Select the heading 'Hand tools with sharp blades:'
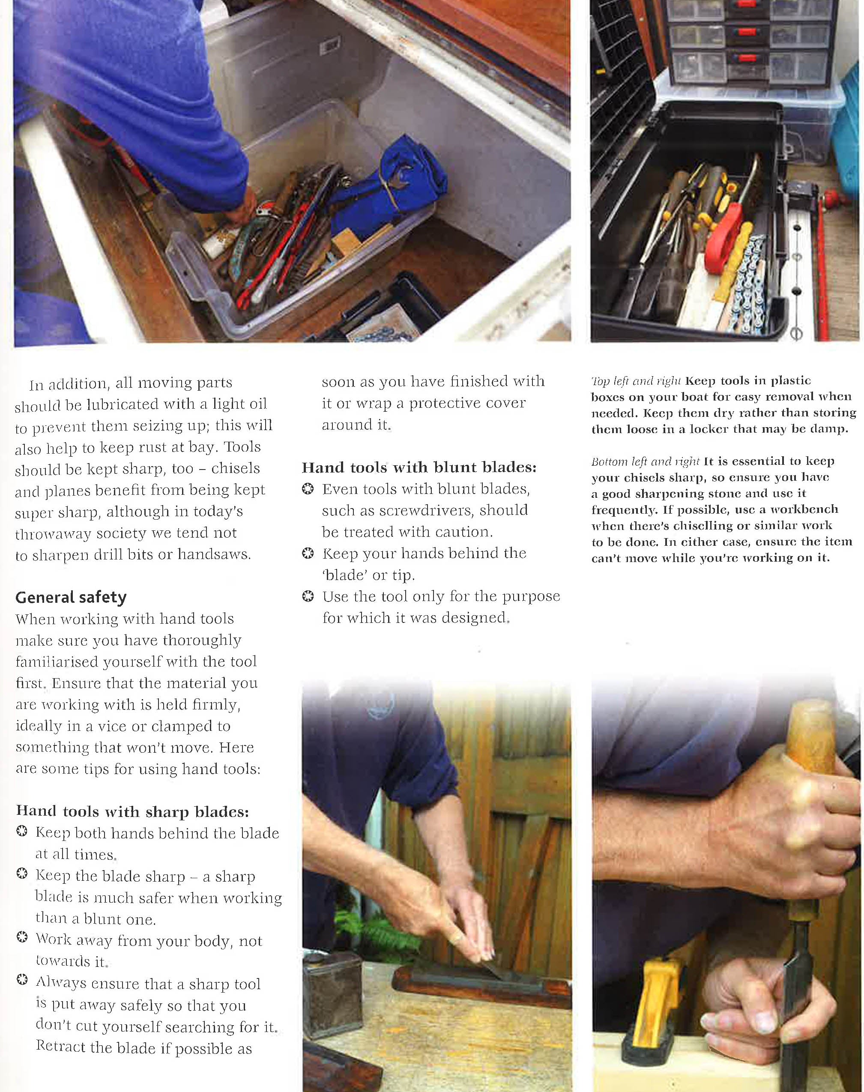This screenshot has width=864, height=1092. [132, 812]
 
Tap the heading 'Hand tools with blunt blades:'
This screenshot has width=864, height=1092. [419, 467]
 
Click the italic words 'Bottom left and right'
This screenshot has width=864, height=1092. [646, 461]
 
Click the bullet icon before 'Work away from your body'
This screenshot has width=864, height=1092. [22, 937]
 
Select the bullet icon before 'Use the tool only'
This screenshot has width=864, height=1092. [307, 597]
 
